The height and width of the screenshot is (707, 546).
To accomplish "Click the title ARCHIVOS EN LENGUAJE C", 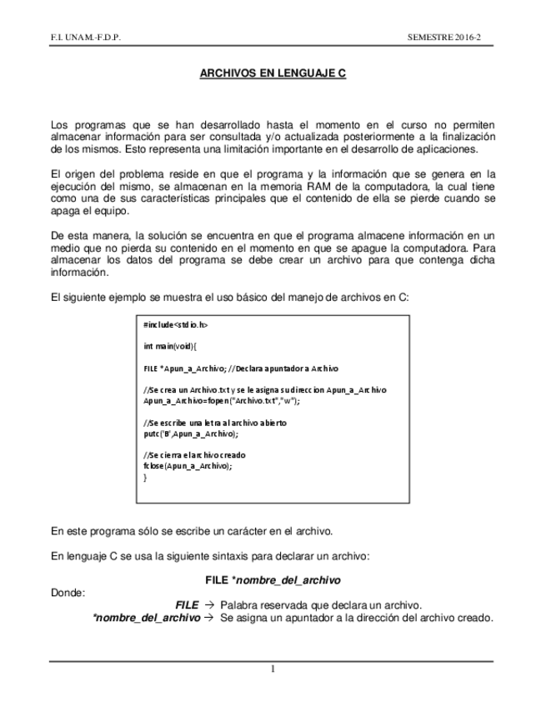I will pos(273,73).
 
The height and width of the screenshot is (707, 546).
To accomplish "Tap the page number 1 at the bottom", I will pos(272,668).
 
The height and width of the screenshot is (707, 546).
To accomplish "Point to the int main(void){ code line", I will pos(170,345).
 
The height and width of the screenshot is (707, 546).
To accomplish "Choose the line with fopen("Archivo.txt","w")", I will pos(221,400).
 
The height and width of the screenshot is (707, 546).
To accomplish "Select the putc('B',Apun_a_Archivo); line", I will pos(191,434).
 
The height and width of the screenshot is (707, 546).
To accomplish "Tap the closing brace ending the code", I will pos(146,478).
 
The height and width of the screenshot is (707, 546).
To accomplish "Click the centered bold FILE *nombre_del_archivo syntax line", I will pos(273,579).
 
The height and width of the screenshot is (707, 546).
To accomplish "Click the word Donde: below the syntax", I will pos(68,593).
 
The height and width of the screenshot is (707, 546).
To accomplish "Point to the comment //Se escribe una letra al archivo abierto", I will pos(215,423).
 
